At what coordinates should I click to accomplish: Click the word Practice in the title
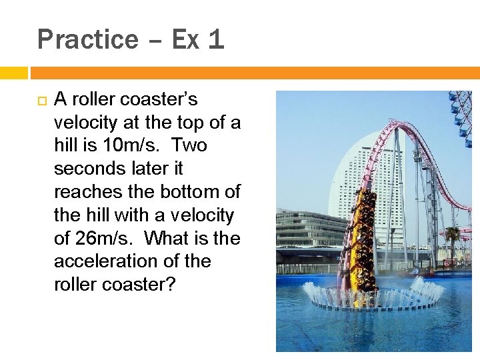(x=87, y=40)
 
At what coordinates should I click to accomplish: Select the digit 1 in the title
(x=215, y=40)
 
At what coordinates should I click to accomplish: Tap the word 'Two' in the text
(x=190, y=145)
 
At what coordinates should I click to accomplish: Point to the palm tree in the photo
(x=454, y=236)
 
